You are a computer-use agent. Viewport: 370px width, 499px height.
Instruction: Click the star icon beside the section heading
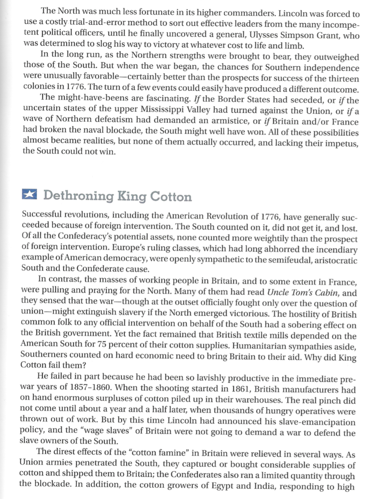click(29, 195)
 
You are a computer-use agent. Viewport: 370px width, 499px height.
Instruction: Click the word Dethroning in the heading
click(78, 196)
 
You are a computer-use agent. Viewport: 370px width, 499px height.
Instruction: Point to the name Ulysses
click(264, 35)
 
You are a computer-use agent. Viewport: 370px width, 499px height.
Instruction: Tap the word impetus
click(342, 143)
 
